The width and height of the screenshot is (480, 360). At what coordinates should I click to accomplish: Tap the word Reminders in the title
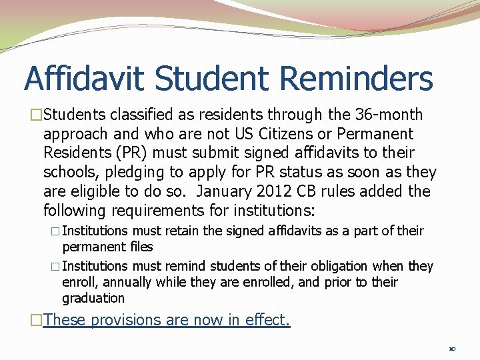coord(357,79)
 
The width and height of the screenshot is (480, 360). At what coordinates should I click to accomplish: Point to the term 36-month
coord(393,115)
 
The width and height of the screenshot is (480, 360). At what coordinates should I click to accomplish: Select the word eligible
coord(95,192)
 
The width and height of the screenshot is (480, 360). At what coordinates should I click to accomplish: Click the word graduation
coord(93,299)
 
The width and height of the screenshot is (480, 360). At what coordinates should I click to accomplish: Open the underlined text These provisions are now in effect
coord(167,320)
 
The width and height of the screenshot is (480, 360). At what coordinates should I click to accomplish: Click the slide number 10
coord(452,348)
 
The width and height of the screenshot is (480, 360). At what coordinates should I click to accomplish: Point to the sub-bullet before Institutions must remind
coord(55,267)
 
